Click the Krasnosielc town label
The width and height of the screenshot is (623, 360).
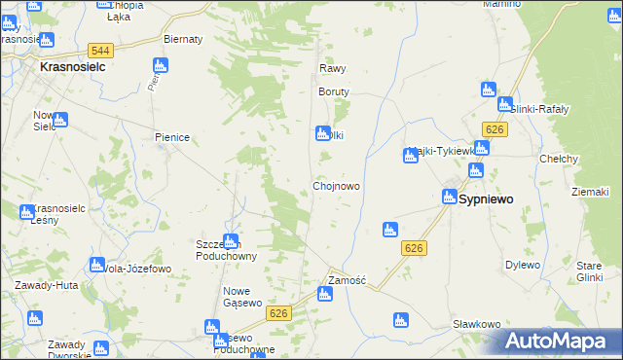72,69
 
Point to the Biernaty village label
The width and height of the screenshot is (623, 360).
183,39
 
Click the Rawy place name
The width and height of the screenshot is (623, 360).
333,69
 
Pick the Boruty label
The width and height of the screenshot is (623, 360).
333,91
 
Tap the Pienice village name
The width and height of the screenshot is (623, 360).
171,138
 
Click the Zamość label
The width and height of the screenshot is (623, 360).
346,280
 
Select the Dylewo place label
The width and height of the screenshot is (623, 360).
522,265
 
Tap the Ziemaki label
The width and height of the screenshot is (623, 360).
590,192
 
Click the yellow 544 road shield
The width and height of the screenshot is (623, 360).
97,50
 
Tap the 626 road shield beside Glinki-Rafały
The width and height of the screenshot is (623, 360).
495,130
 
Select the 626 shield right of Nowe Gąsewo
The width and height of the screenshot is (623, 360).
279,312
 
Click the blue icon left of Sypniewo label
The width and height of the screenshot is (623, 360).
450,196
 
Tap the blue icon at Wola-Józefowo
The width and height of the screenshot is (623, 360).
96,264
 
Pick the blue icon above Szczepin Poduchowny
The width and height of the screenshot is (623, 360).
231,240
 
